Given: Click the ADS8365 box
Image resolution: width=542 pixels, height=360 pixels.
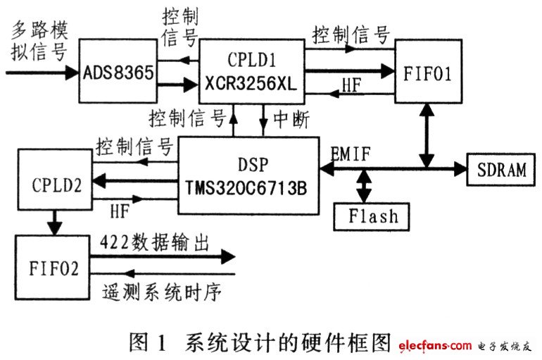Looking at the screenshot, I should tap(118, 73).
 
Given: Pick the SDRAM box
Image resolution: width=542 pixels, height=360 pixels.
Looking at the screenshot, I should tap(501, 170).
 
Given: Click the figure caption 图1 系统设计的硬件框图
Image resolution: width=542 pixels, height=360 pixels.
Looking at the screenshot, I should tap(260, 343).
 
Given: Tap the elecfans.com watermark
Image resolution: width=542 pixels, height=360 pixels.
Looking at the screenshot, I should tap(435, 345).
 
